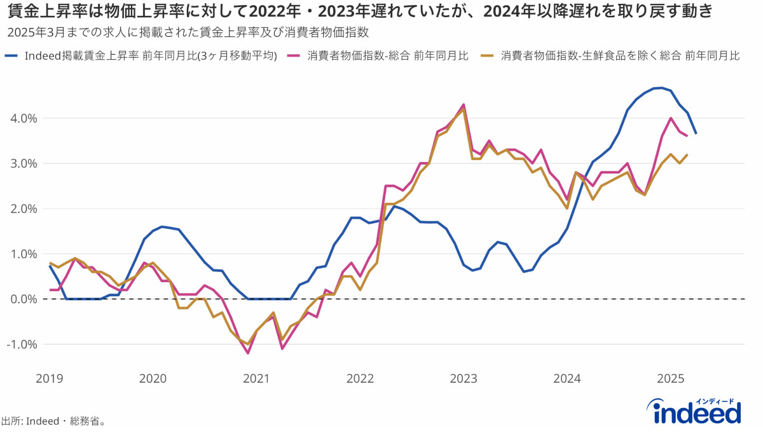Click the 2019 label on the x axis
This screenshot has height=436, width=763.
pyautogui.click(x=49, y=379)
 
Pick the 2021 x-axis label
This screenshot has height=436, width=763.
pyautogui.click(x=256, y=379)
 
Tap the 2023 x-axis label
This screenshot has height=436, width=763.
pyautogui.click(x=464, y=379)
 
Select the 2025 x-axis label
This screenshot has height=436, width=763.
pyautogui.click(x=671, y=379)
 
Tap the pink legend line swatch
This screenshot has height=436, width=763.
pyautogui.click(x=294, y=56)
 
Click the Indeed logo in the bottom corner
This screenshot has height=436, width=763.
pyautogui.click(x=698, y=411)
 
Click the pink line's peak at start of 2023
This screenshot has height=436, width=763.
pyautogui.click(x=464, y=104)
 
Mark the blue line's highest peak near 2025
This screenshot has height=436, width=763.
pyautogui.click(x=662, y=88)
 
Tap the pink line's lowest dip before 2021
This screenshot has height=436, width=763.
pyautogui.click(x=247, y=353)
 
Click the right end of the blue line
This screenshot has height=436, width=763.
pyautogui.click(x=696, y=133)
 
